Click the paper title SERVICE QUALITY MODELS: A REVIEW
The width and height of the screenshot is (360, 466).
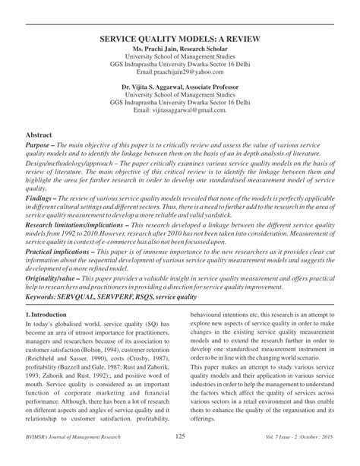[x=180, y=36]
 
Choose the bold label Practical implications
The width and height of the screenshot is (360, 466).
[x=66, y=256]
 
